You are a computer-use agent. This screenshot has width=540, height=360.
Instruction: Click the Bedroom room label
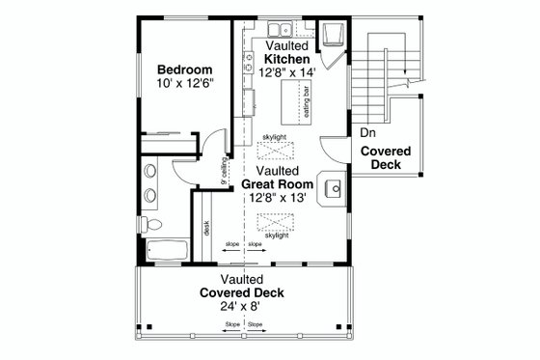pyautogui.click(x=186, y=69)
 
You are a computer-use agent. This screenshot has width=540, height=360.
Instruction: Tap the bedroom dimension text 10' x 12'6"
pyautogui.click(x=186, y=84)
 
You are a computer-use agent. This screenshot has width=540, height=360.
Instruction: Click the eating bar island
pyautogui.click(x=296, y=99)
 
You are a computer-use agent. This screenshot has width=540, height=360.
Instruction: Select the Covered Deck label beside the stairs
pyautogui.click(x=386, y=158)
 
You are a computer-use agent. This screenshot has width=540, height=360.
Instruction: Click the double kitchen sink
pyautogui.click(x=281, y=29)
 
